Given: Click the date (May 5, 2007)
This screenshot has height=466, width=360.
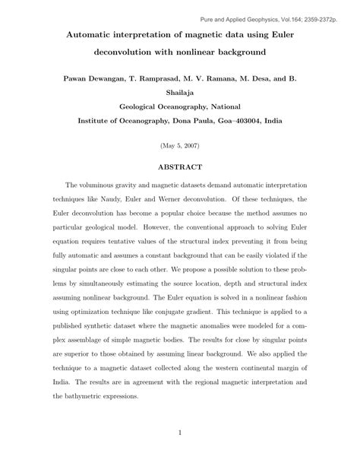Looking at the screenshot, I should (179, 144).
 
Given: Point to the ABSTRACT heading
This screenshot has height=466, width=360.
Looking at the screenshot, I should (179, 166).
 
